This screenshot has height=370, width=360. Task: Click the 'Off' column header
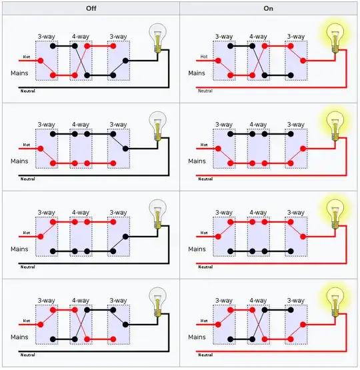click(x=90, y=7)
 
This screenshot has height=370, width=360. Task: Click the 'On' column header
click(x=269, y=7)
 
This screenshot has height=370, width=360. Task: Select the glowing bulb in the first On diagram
click(x=335, y=37)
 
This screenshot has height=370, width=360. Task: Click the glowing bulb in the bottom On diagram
click(x=335, y=300)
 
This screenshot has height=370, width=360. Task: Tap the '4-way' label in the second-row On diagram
click(x=259, y=125)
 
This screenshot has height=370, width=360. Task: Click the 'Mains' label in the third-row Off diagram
click(x=20, y=249)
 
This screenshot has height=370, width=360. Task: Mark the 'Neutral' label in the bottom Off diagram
click(x=27, y=355)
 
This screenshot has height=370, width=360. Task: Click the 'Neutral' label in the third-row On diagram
click(x=205, y=267)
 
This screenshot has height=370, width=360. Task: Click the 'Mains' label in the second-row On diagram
click(x=197, y=161)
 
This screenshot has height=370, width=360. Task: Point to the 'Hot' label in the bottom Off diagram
click(x=27, y=320)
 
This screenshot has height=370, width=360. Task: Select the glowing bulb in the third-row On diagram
click(x=335, y=212)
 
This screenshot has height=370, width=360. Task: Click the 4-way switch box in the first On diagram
click(x=259, y=61)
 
